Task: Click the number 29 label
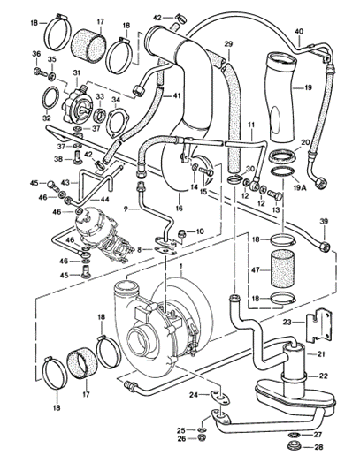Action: [x=228, y=44]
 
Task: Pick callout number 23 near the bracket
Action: [x=287, y=323]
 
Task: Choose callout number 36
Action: [x=36, y=54]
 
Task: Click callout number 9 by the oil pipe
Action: [x=126, y=209]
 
